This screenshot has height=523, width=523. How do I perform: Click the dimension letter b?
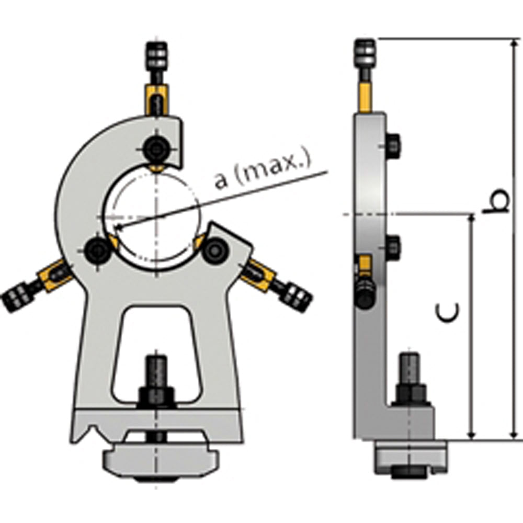coord(495,201)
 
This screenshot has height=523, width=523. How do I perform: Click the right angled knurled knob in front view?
coord(296,296)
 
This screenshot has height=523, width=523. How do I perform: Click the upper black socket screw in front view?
coord(156,148)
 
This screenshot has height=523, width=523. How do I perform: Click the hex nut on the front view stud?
coord(156,396)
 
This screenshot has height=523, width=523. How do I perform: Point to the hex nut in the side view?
coord(411,394)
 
